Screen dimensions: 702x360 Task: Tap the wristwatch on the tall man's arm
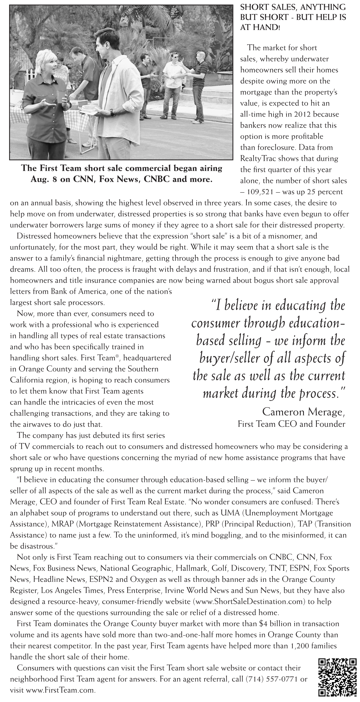pos(112,112)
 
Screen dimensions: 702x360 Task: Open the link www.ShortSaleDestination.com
pos(249,601)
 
